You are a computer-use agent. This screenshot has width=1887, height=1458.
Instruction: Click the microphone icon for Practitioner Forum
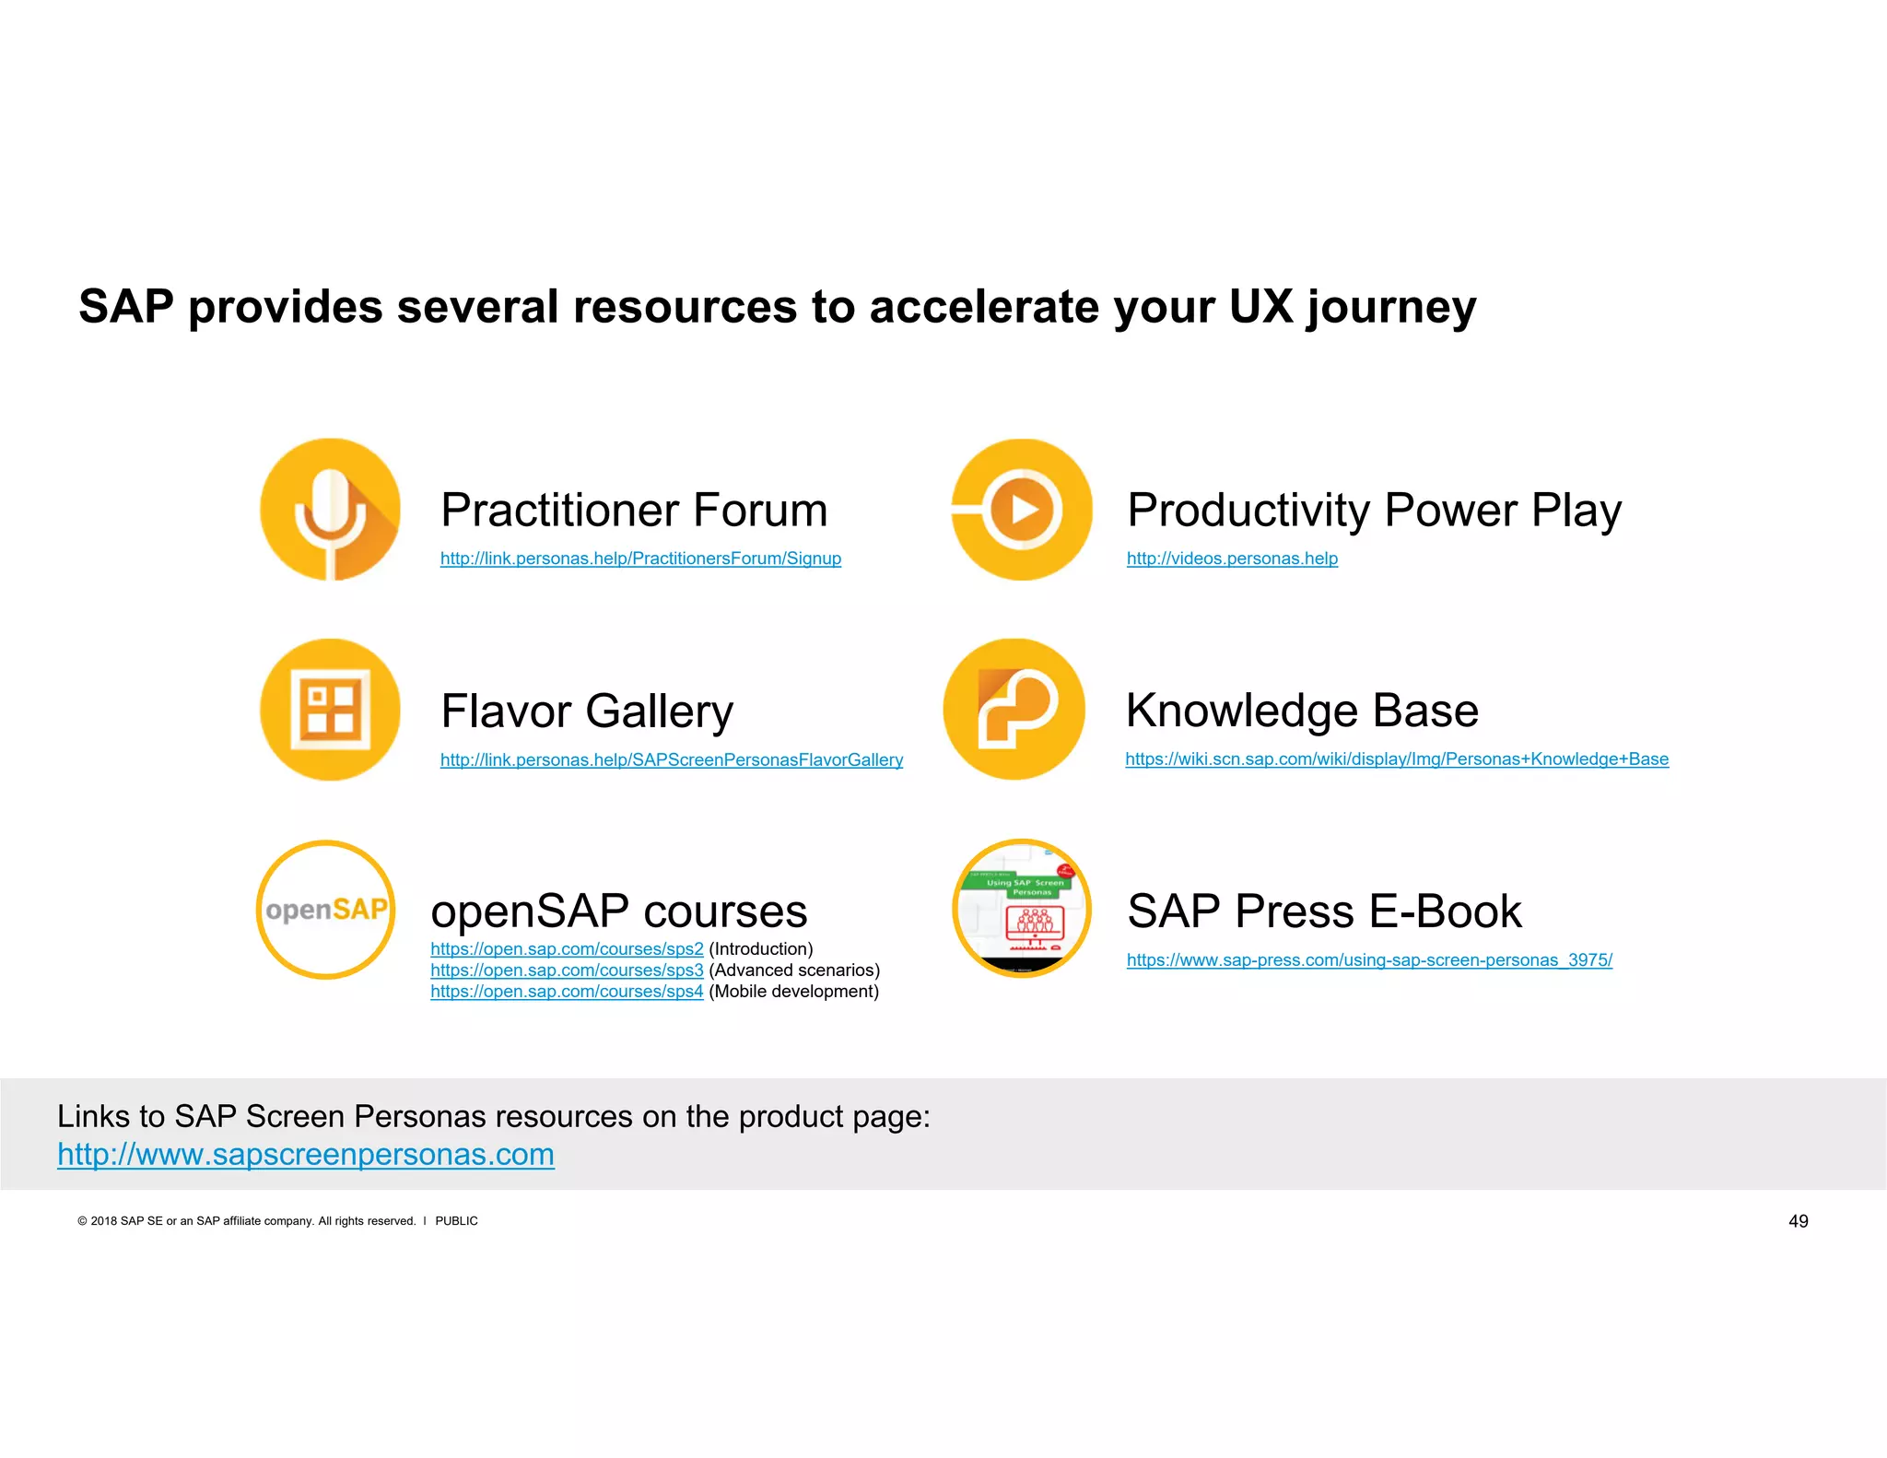coord(330,510)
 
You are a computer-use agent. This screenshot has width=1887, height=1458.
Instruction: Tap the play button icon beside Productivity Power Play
coord(1022,510)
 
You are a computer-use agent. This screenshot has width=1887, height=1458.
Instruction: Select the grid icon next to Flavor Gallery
coord(330,710)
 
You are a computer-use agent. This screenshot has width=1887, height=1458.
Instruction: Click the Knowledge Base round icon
coord(1014,710)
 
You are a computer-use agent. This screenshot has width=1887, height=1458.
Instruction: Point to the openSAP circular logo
coord(326,910)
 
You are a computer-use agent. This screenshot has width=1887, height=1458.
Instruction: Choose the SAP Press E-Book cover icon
coord(1022,909)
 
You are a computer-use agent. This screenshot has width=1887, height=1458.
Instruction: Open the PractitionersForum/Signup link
coord(640,559)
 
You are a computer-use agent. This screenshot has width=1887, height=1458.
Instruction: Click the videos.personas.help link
coord(1232,559)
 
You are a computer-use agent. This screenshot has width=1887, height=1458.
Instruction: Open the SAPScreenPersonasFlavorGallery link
coord(671,759)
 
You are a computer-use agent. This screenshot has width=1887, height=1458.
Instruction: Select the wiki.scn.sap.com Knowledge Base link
coord(1396,758)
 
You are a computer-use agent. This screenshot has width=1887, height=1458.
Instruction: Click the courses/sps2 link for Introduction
coord(567,949)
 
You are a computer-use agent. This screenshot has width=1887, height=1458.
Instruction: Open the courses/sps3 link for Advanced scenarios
coord(567,970)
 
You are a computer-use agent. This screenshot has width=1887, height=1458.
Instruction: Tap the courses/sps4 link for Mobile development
coord(567,992)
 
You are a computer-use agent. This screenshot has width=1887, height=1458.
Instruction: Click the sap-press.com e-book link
coord(1369,960)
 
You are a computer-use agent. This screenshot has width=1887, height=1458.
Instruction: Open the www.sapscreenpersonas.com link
coord(306,1155)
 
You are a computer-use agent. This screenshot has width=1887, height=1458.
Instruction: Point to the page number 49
coord(1798,1221)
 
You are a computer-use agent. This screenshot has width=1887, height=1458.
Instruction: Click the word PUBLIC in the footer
coord(456,1221)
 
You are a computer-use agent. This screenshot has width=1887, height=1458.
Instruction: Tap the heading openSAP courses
coord(619,911)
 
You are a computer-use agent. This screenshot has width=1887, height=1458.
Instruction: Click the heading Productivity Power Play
coord(1374,511)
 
